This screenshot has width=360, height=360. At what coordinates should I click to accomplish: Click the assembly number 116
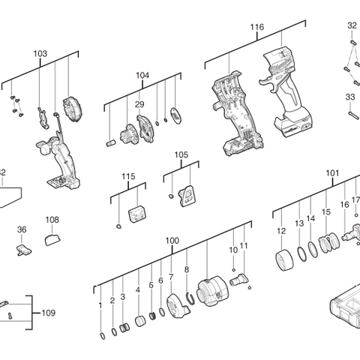(256, 27)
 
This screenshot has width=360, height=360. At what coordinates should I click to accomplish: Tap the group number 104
(142, 76)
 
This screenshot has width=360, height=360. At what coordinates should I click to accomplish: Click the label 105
(181, 154)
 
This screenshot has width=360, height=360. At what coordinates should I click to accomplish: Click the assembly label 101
(332, 172)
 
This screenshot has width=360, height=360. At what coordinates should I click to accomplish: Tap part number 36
(22, 229)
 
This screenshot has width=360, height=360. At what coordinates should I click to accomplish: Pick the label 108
(52, 220)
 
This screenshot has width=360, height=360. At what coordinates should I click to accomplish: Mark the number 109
(48, 312)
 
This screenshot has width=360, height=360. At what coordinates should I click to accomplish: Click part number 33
(349, 97)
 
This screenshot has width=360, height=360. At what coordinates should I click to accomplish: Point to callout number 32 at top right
(352, 25)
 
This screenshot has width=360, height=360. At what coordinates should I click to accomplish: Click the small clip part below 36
(22, 246)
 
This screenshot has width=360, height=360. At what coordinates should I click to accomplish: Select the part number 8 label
(186, 269)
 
